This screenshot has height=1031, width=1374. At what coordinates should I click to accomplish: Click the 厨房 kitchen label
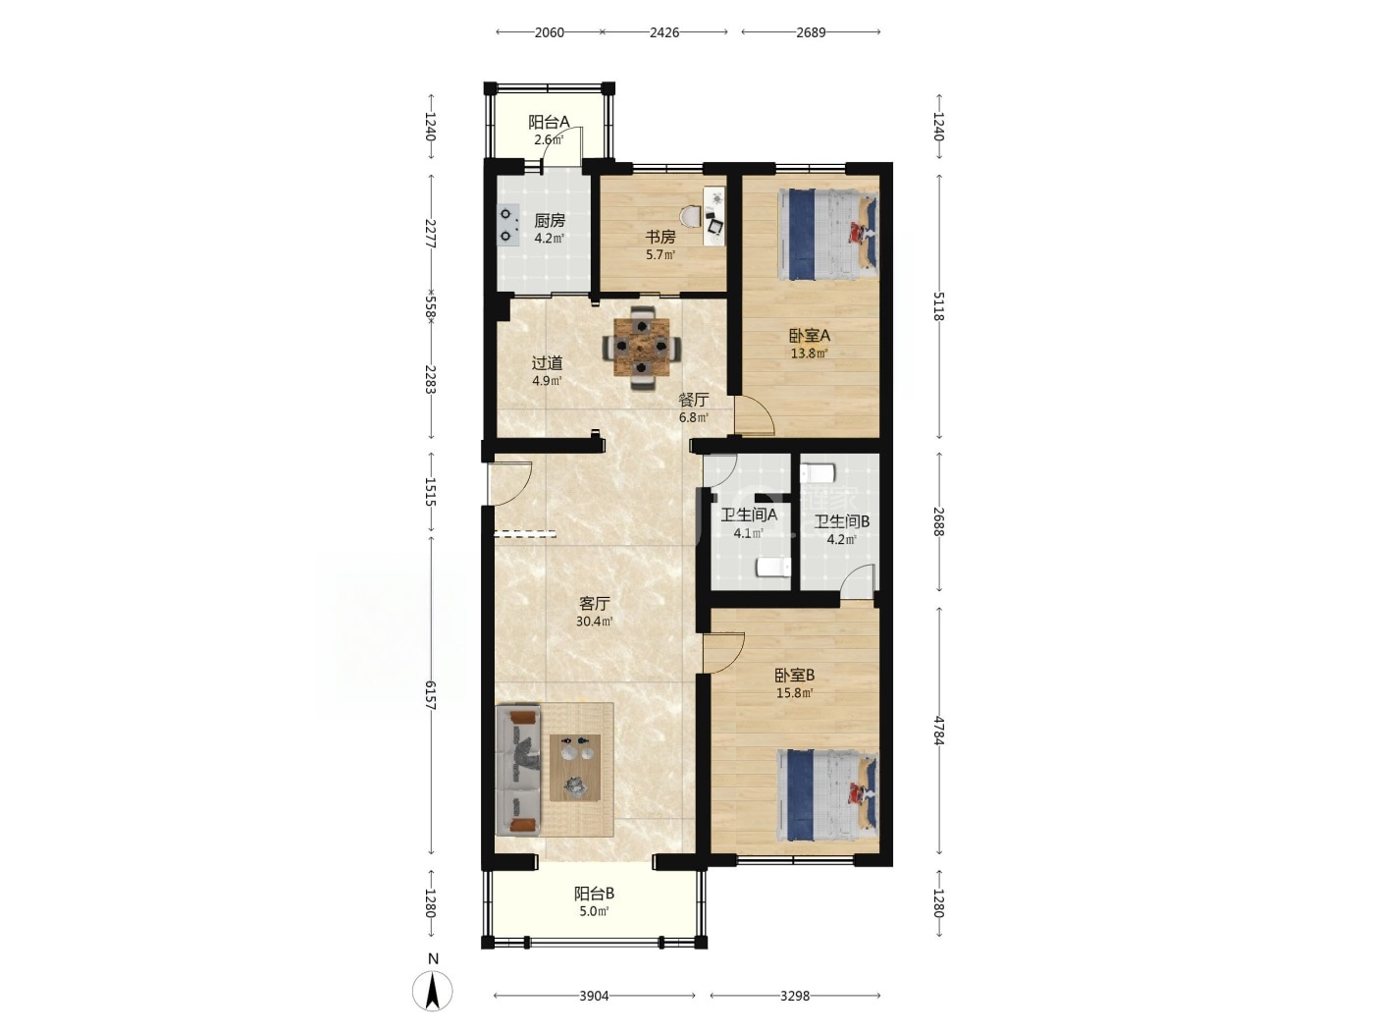[x=549, y=220]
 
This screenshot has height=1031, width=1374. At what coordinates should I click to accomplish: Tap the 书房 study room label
[x=661, y=238]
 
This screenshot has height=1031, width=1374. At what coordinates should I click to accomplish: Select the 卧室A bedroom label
[x=809, y=336]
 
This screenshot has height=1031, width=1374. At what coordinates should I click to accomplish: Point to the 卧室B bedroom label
[x=794, y=676]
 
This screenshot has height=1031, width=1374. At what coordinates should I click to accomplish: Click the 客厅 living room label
[x=594, y=604]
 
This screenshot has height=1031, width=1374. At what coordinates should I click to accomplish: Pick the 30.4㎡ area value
[x=594, y=622]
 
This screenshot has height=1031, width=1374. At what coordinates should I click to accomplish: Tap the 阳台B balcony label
[x=594, y=894]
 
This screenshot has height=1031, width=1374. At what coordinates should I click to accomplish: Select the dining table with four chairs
[x=641, y=349]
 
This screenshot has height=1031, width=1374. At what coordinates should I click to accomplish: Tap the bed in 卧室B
[x=827, y=795]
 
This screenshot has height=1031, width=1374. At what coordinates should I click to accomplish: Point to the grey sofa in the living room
[x=517, y=770]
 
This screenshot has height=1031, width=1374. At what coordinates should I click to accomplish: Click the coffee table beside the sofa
[x=575, y=768]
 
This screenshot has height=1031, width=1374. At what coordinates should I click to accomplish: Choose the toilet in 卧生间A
[x=773, y=568]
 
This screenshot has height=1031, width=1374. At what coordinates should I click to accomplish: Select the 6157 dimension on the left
[x=430, y=695]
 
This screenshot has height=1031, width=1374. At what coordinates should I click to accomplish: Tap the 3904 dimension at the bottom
[x=594, y=996]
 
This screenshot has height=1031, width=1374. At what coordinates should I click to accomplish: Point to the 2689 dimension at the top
[x=811, y=32]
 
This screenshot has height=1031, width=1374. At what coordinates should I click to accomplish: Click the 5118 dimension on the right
[x=938, y=306]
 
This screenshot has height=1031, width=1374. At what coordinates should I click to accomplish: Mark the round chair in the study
[x=691, y=217]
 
